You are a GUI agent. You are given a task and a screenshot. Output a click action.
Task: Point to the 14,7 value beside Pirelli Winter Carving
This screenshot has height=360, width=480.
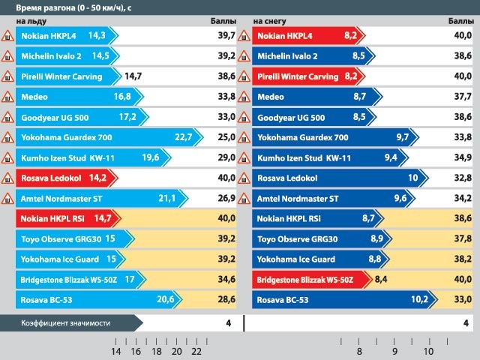[133, 76]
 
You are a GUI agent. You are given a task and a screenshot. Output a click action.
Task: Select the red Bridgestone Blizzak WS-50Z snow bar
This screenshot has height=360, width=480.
[311, 280]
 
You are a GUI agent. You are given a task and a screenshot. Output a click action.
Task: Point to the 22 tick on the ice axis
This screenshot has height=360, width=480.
[196, 351]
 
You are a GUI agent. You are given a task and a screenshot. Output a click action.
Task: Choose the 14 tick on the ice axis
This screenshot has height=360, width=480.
[115, 351]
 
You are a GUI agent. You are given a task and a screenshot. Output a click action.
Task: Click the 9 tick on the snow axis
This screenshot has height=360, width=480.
[394, 351]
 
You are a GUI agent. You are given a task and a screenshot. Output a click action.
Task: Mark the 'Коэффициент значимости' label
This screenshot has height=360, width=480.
[66, 322]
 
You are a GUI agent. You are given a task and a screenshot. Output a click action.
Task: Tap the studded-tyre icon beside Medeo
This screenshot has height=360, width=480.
[7, 97]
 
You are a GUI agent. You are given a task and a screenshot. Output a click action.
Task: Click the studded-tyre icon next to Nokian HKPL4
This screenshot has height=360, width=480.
[7, 35]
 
